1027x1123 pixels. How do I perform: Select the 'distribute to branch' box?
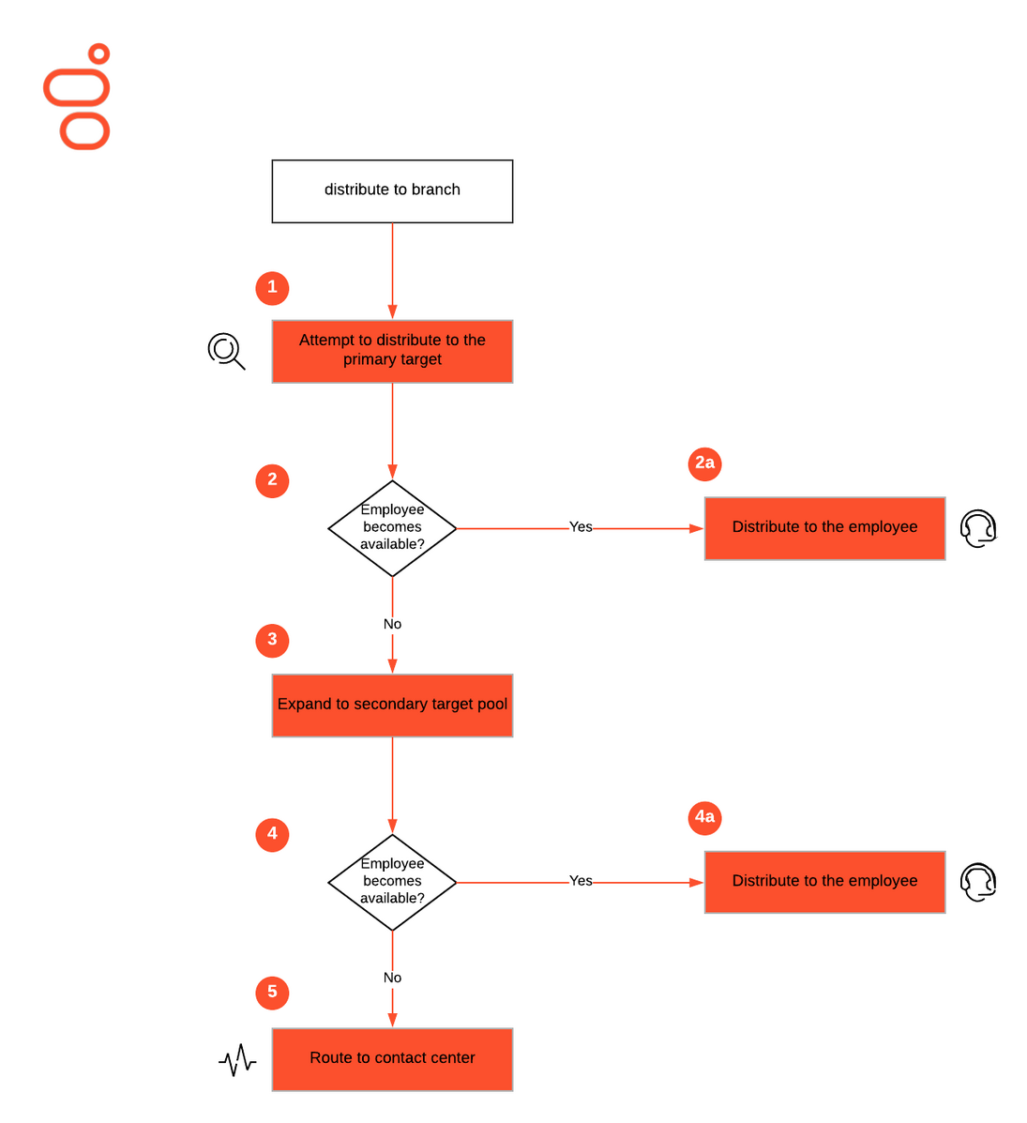[x=392, y=191]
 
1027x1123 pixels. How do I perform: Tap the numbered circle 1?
[x=272, y=288]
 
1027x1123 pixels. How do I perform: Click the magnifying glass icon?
[x=226, y=351]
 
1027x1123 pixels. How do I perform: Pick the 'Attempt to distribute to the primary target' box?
[x=392, y=351]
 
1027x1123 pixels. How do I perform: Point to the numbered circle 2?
[x=272, y=480]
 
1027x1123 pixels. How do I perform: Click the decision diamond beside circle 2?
[x=392, y=528]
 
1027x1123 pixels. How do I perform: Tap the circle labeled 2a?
[x=704, y=463]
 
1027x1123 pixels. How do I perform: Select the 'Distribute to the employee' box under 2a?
[x=824, y=528]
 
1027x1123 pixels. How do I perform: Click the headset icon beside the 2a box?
[x=978, y=528]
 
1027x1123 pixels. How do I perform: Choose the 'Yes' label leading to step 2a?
[x=581, y=527]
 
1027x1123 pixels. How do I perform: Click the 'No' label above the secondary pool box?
[x=392, y=624]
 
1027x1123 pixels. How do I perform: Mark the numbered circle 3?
[x=272, y=640]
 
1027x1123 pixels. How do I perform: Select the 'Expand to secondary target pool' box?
[x=392, y=706]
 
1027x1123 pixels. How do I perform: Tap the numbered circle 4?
[x=272, y=834]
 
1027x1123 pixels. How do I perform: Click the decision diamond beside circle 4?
[x=392, y=882]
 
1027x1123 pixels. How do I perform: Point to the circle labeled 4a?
[x=704, y=818]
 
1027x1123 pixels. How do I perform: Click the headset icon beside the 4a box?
[x=978, y=882]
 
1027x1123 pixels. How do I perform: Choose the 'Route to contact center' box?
[x=392, y=1059]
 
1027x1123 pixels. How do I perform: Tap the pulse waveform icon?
[x=237, y=1060]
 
